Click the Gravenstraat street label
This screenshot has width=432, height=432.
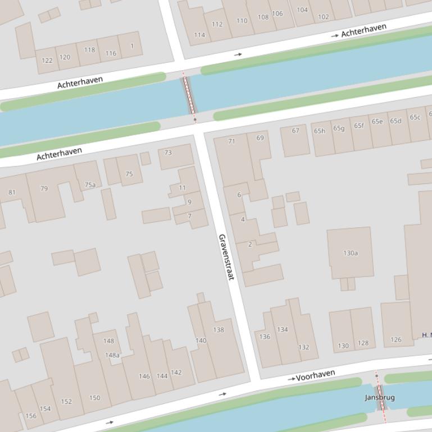pyautogui.click(x=226, y=257)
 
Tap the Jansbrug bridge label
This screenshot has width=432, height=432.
pyautogui.click(x=380, y=397)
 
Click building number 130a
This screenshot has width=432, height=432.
pyautogui.click(x=351, y=253)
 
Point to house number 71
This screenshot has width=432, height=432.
pyautogui.click(x=231, y=141)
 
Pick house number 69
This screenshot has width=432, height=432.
pyautogui.click(x=260, y=137)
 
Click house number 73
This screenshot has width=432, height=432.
pyautogui.click(x=168, y=152)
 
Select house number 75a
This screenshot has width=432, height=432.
pyautogui.click(x=90, y=185)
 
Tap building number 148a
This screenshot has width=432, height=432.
pyautogui.click(x=112, y=355)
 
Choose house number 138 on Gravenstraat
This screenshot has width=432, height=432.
pyautogui.click(x=219, y=329)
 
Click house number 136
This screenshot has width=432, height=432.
pyautogui.click(x=265, y=337)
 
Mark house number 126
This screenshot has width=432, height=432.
pyautogui.click(x=396, y=339)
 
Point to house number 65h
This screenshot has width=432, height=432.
pyautogui.click(x=320, y=131)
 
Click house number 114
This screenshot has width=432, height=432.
pyautogui.click(x=199, y=35)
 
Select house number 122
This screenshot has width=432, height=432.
pyautogui.click(x=47, y=60)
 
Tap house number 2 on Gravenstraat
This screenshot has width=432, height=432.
pyautogui.click(x=250, y=244)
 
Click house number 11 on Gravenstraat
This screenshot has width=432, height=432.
pyautogui.click(x=182, y=188)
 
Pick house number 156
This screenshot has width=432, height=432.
pyautogui.click(x=31, y=416)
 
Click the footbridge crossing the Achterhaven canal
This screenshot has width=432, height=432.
pyautogui.click(x=189, y=96)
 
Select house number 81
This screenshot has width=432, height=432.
pyautogui.click(x=12, y=192)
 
